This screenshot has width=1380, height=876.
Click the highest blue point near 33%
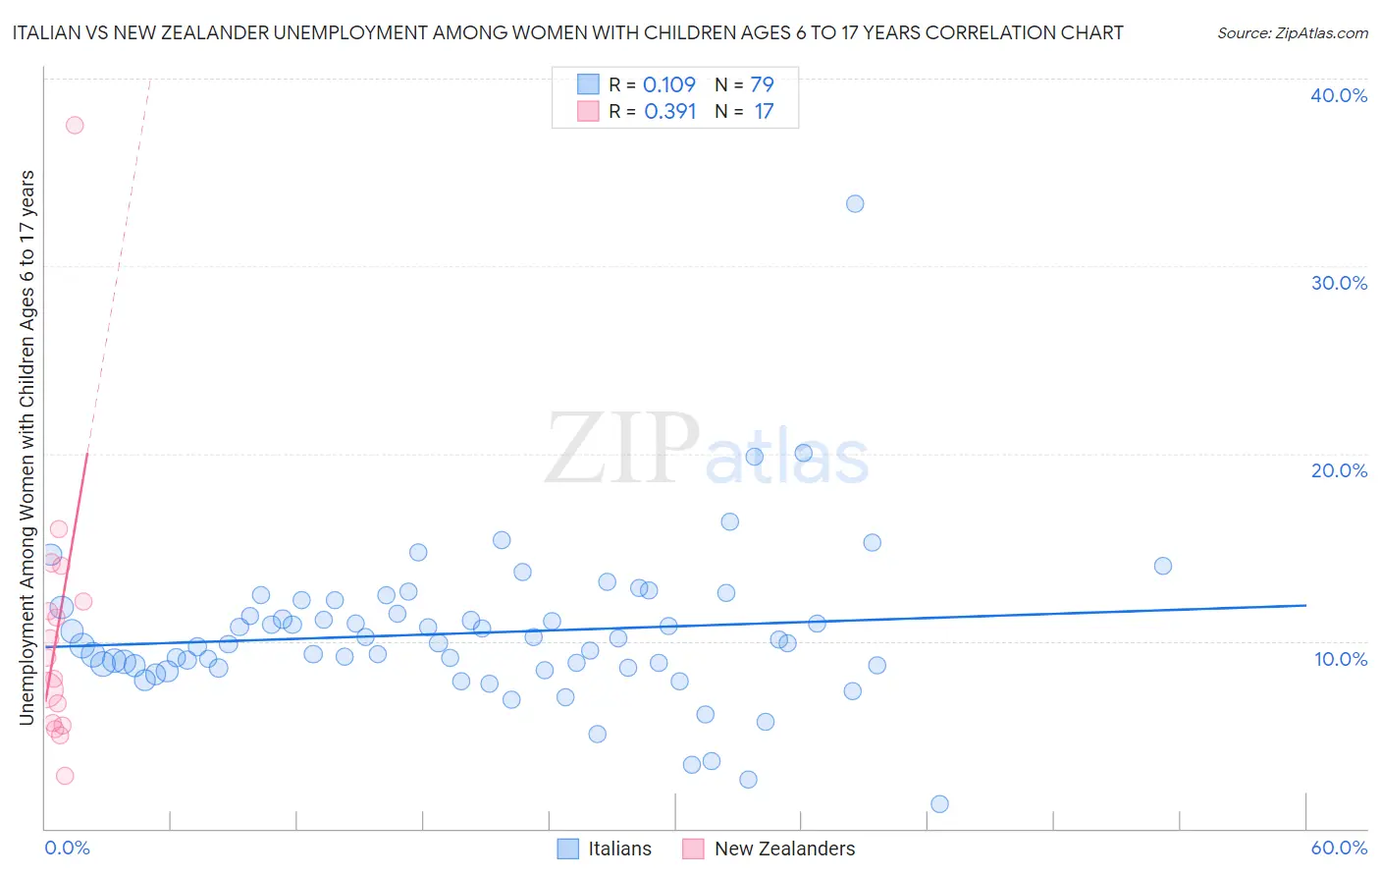(x=855, y=203)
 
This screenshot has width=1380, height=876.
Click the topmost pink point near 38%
(x=75, y=125)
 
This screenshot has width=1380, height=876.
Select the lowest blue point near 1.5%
(x=939, y=803)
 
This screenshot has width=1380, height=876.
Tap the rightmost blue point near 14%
(x=1163, y=566)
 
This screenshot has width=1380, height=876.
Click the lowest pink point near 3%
(x=65, y=776)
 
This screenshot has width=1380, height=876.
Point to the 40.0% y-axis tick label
(x=1339, y=95)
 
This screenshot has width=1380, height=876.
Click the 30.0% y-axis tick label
(x=1339, y=283)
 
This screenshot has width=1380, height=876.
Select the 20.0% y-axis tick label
(x=1339, y=470)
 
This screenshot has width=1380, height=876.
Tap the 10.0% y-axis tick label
(x=1341, y=659)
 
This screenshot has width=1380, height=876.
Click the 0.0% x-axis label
(x=67, y=848)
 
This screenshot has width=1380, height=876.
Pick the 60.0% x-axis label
(x=1339, y=848)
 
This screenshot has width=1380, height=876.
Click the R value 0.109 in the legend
(x=668, y=84)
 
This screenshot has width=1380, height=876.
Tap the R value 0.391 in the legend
(x=669, y=111)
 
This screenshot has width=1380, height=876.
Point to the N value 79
(x=763, y=84)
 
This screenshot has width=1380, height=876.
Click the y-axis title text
(x=27, y=447)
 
